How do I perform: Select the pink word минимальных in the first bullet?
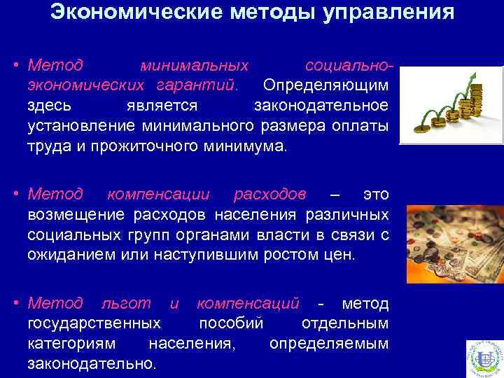194,66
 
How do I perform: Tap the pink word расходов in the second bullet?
269,192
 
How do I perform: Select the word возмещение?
73,213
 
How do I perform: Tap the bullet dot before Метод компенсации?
15,193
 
